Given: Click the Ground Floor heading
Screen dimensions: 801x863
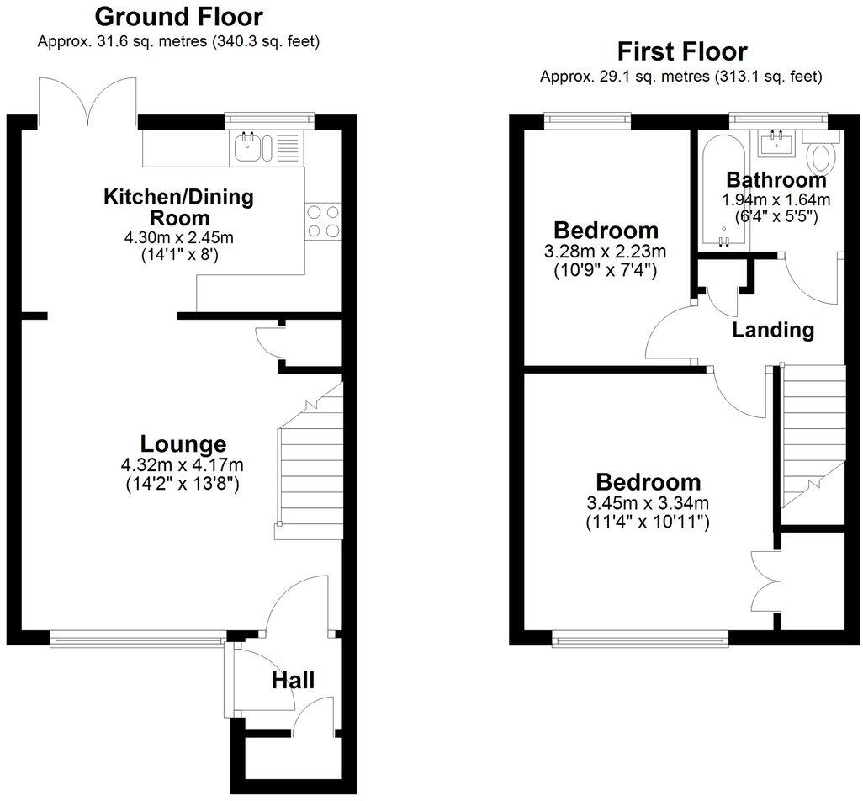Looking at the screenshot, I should click(x=178, y=16).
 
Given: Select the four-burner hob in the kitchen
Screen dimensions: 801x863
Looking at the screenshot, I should click(x=324, y=221).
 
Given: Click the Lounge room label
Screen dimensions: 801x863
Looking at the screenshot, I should click(x=183, y=444).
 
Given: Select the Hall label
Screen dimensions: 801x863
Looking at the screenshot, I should click(x=293, y=680).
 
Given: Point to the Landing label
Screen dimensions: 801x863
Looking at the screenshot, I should click(x=773, y=330).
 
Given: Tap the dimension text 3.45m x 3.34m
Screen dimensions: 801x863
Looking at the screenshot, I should click(x=648, y=503).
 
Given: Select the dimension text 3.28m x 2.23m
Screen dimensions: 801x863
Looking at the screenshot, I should click(x=605, y=251).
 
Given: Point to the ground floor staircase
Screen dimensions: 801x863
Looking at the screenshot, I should click(x=309, y=463).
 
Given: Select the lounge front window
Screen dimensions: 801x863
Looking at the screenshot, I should click(x=138, y=641).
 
